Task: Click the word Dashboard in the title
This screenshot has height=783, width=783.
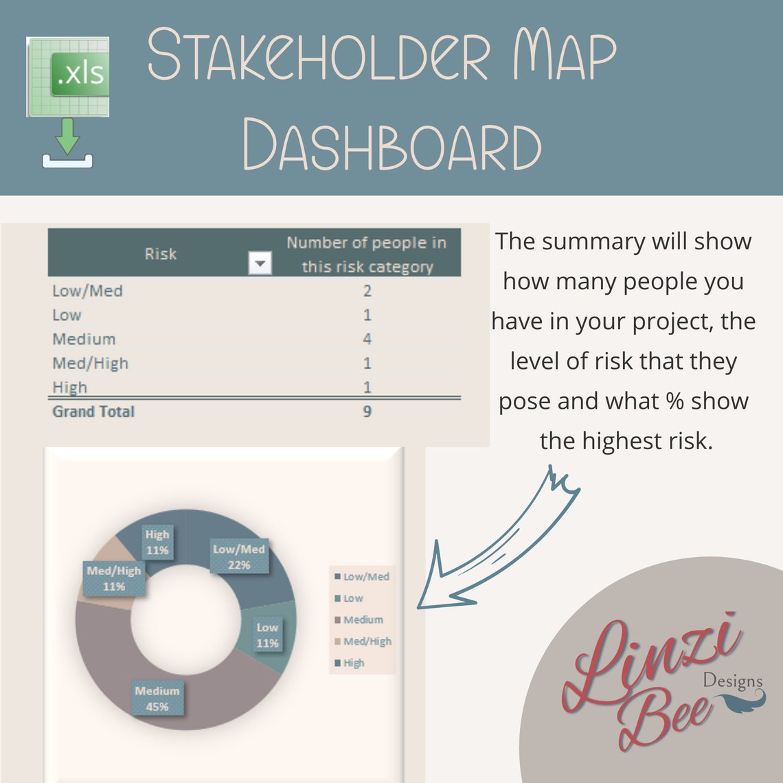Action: coord(392,145)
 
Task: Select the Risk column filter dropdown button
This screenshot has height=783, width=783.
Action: coord(260,262)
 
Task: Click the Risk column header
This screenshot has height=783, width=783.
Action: coord(160,254)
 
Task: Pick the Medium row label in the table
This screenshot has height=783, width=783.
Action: coord(84,339)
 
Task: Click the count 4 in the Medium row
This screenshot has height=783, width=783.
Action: coord(367,339)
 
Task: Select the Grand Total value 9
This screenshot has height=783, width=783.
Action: coord(367,411)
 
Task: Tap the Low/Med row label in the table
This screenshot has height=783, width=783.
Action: coord(87,291)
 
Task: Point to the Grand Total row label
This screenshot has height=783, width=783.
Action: coord(93,411)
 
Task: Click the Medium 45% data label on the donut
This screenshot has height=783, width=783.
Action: coord(157,699)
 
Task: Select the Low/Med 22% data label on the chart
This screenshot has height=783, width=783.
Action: coord(239,557)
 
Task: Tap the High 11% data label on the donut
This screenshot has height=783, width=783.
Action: coord(157,542)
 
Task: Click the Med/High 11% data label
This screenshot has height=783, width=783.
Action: coord(114,578)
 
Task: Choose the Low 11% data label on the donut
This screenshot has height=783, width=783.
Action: coord(267,635)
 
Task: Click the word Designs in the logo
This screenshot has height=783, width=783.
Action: coord(732,681)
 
